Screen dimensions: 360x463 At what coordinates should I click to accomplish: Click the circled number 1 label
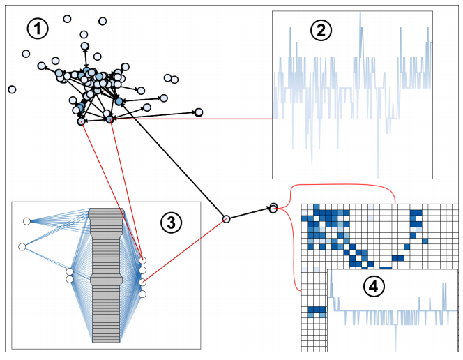click(38, 29)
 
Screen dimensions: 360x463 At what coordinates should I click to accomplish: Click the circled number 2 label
click(321, 30)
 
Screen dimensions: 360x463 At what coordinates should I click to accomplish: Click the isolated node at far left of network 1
click(12, 89)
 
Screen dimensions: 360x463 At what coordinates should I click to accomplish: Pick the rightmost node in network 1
click(199, 112)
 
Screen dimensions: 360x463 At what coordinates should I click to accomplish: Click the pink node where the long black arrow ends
click(226, 219)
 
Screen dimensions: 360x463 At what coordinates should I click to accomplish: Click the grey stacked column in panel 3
click(107, 276)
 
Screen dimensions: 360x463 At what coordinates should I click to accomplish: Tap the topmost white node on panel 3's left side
click(26, 221)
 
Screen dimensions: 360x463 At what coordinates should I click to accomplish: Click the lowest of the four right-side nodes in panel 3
click(142, 294)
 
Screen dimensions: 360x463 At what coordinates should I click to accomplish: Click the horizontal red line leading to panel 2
click(195, 119)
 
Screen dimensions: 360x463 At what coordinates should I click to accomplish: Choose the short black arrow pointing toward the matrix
click(249, 213)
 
